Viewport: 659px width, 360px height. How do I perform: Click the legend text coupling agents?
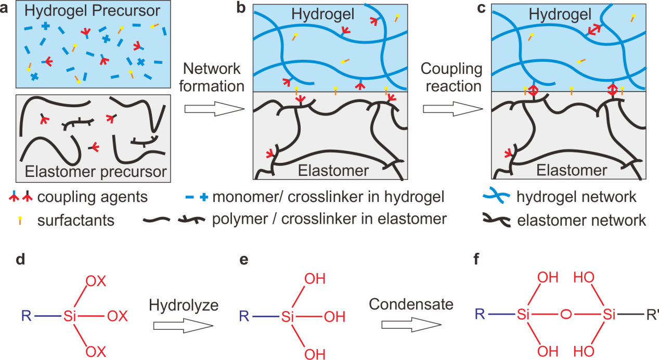(x=93, y=198)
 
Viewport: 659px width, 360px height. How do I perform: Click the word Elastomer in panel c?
(x=572, y=170)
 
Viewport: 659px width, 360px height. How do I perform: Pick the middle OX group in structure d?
(x=120, y=315)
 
